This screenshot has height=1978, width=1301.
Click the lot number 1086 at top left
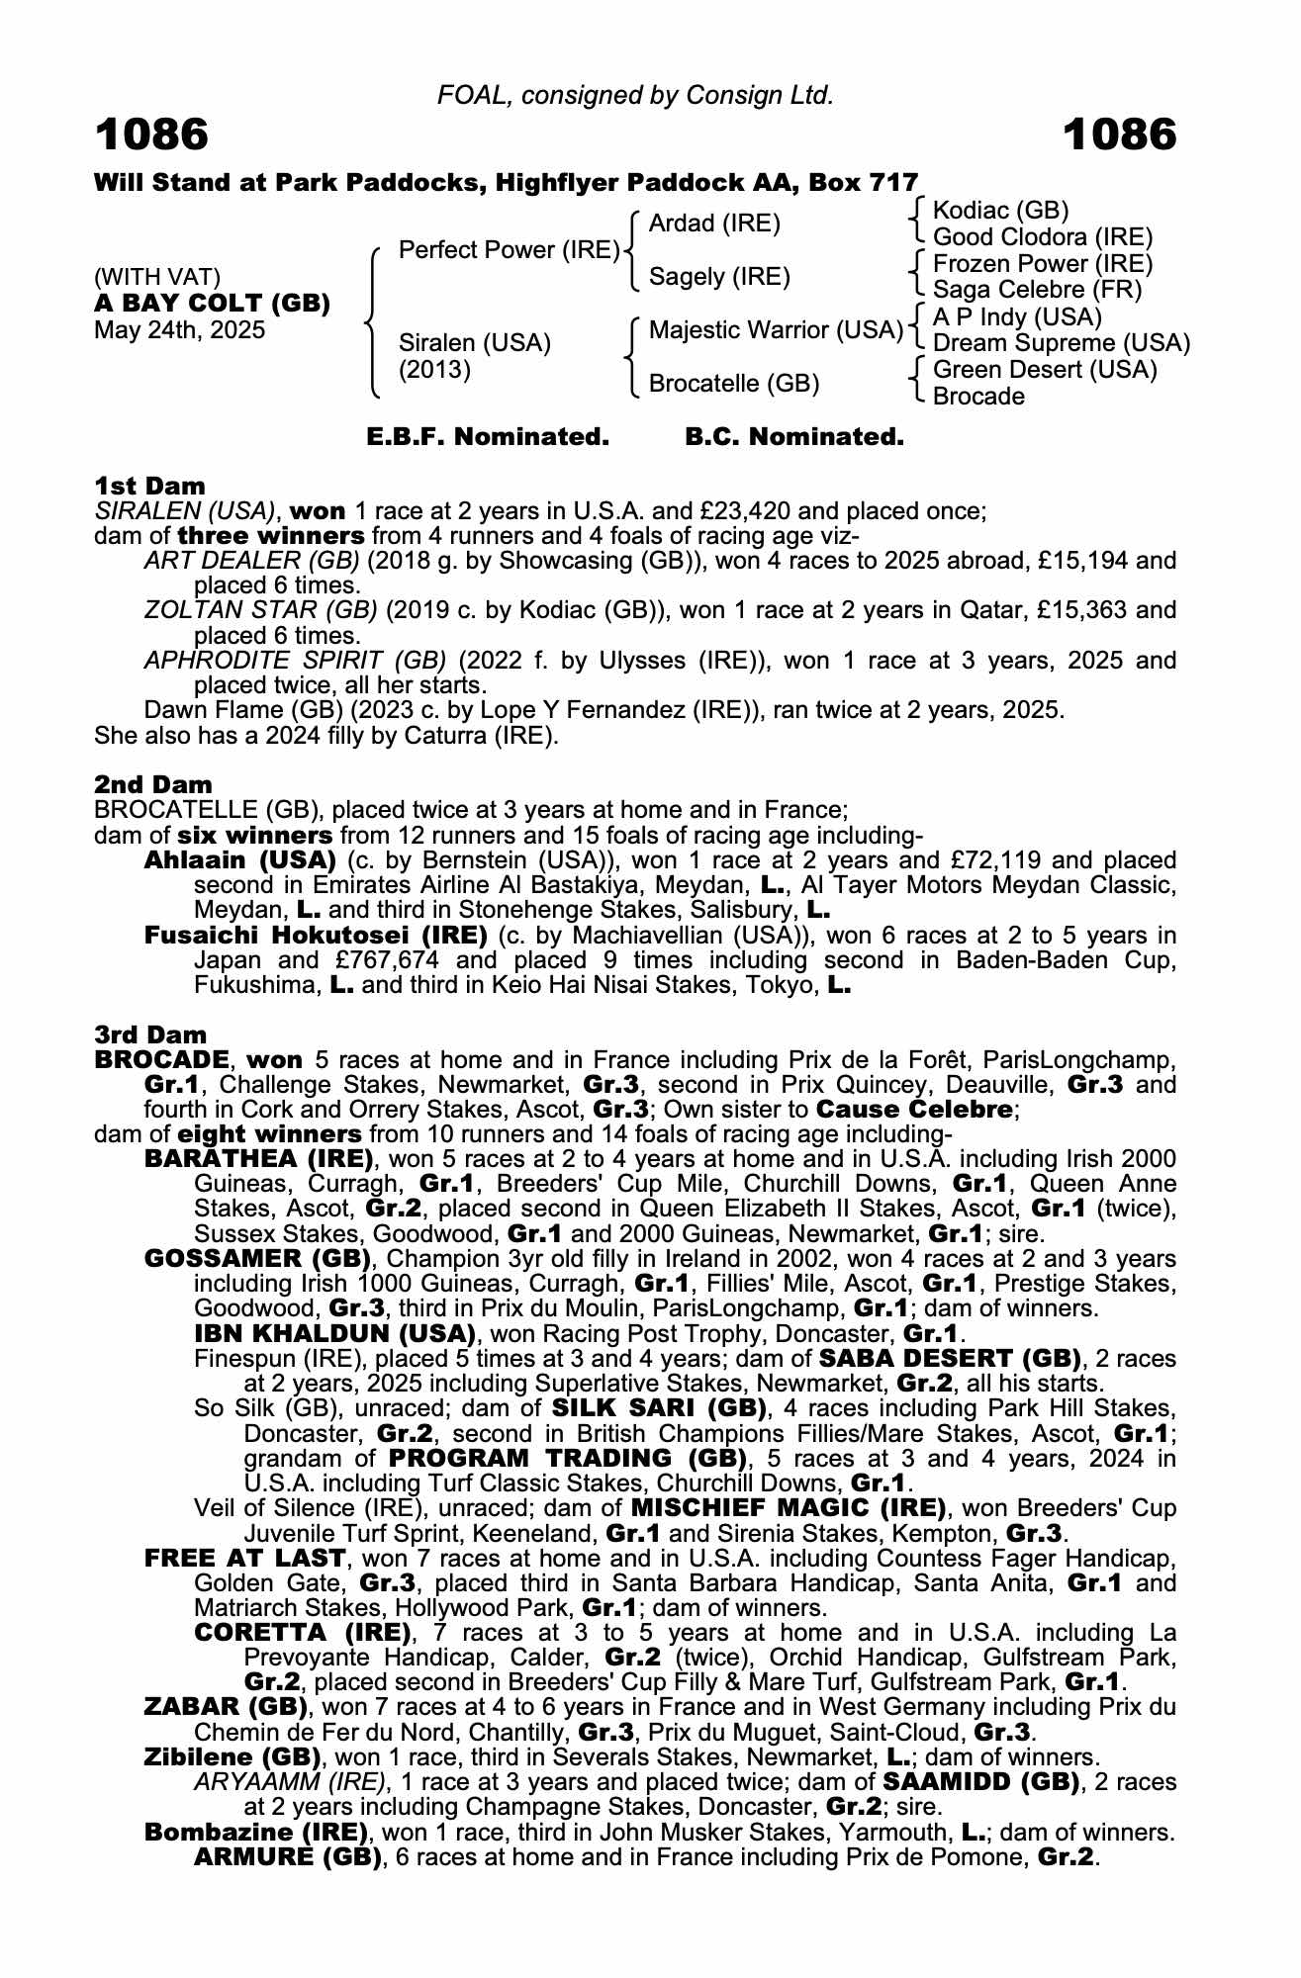[x=151, y=135]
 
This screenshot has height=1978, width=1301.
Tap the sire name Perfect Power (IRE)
[x=509, y=250]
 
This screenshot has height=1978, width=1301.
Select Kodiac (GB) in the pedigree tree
[x=1000, y=211]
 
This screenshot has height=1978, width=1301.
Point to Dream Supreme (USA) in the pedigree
[x=1061, y=343]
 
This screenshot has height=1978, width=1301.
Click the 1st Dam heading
[x=149, y=486]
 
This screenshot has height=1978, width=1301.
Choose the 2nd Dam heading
[x=152, y=784]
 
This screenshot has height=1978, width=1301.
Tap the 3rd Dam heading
[x=150, y=1034]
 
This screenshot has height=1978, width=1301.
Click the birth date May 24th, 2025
[x=179, y=330]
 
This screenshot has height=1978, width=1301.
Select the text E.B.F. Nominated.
[x=487, y=437]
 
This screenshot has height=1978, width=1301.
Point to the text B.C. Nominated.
[x=793, y=437]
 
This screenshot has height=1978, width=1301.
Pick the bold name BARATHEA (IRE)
[x=258, y=1159]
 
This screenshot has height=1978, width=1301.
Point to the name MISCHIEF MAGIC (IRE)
[x=787, y=1508]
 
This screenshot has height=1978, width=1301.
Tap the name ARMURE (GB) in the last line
[x=288, y=1857]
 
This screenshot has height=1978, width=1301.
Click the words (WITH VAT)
[x=156, y=277]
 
